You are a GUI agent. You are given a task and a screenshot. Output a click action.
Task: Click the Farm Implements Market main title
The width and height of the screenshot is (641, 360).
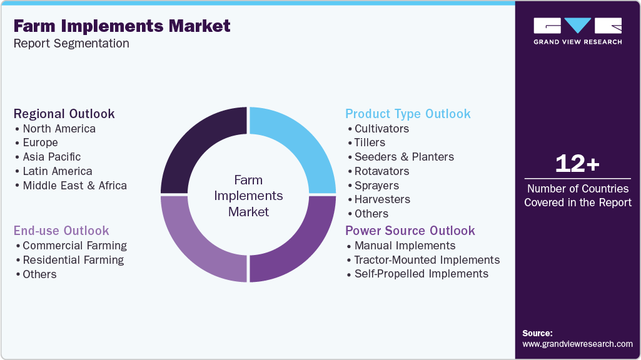point(122,26)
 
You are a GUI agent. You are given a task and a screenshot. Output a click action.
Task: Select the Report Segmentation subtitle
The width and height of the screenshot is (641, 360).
point(71,44)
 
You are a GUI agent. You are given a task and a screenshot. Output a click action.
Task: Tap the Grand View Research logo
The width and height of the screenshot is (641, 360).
point(577,31)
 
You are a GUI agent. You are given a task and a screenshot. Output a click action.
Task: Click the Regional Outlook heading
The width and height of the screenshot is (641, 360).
point(64,114)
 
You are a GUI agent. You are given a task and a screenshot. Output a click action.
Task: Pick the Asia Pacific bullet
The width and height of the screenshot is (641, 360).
point(51,157)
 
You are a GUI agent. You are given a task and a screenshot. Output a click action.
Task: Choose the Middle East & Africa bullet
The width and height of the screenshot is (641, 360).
point(74,186)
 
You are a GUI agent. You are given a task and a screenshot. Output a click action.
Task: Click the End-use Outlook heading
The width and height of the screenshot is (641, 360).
point(61,231)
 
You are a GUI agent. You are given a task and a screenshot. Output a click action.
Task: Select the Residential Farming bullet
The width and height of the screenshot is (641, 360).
point(73,260)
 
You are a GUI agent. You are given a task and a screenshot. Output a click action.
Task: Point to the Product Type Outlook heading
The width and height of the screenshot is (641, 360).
point(408,114)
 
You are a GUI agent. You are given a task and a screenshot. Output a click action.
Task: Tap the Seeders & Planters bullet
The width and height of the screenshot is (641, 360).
point(404,157)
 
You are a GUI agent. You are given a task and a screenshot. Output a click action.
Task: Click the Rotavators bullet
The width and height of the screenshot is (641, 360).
point(381,171)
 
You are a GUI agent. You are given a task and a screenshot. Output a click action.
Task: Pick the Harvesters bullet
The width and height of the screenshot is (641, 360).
point(382,199)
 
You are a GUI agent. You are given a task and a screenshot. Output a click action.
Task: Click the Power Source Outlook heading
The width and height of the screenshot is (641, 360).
point(410,231)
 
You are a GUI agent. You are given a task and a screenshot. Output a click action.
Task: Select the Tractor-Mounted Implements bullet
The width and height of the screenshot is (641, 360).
point(427,260)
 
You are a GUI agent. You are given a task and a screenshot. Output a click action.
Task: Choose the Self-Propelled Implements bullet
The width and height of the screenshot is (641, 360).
point(421,274)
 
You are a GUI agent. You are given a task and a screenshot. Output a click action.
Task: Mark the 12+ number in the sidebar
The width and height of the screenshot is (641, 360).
point(577,164)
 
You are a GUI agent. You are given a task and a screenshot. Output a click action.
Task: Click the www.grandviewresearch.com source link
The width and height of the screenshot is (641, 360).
point(577,344)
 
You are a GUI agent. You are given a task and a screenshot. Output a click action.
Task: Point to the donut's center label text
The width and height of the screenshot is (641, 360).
point(248,196)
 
